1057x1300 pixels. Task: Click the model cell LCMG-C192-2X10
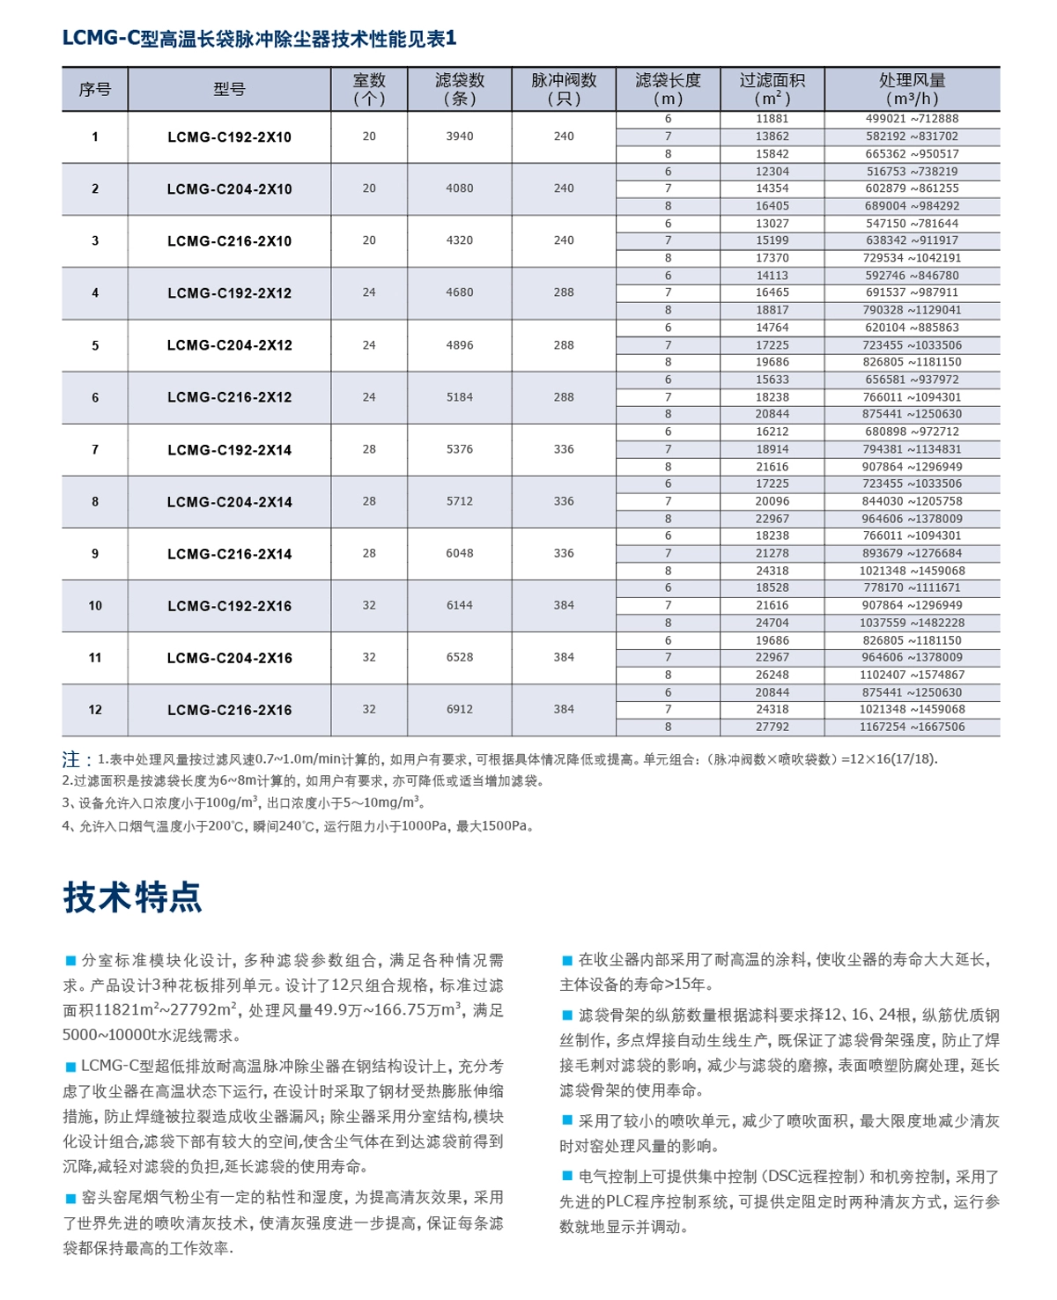pyautogui.click(x=229, y=137)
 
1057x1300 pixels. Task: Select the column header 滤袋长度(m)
pyautogui.click(x=668, y=89)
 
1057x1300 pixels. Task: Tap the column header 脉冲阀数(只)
pyautogui.click(x=564, y=89)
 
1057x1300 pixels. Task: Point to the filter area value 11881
pyautogui.click(x=772, y=119)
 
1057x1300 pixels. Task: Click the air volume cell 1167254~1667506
pyautogui.click(x=912, y=728)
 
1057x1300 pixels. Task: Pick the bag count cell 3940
pyautogui.click(x=459, y=137)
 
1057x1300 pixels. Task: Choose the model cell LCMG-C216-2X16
pyautogui.click(x=229, y=710)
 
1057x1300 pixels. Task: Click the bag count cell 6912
pyautogui.click(x=459, y=709)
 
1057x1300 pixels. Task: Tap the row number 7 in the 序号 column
pyautogui.click(x=95, y=450)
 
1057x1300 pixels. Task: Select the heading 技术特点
pyautogui.click(x=132, y=897)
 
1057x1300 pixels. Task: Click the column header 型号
pyautogui.click(x=229, y=89)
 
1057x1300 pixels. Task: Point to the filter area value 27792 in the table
pyautogui.click(x=772, y=728)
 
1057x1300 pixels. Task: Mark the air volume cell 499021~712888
pyautogui.click(x=912, y=119)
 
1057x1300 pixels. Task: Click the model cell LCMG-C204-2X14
pyautogui.click(x=229, y=502)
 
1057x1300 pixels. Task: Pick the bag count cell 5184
pyautogui.click(x=459, y=397)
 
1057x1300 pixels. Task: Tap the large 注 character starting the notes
pyautogui.click(x=71, y=759)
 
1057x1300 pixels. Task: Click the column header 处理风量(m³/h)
pyautogui.click(x=912, y=89)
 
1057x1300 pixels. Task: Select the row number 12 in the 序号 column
pyautogui.click(x=95, y=710)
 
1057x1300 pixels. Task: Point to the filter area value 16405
pyautogui.click(x=772, y=206)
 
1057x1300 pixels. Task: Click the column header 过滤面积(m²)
pyautogui.click(x=772, y=89)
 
